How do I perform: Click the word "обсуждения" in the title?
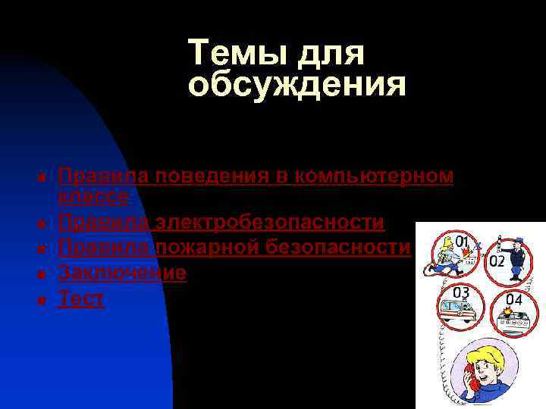click(x=297, y=86)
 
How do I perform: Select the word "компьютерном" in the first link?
click(x=376, y=176)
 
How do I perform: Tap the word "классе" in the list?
click(x=93, y=196)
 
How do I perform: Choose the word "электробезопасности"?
click(x=270, y=223)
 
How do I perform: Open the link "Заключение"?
click(x=122, y=273)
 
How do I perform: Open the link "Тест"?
click(x=81, y=298)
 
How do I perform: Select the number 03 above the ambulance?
click(x=460, y=292)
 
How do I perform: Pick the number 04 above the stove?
click(x=513, y=299)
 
